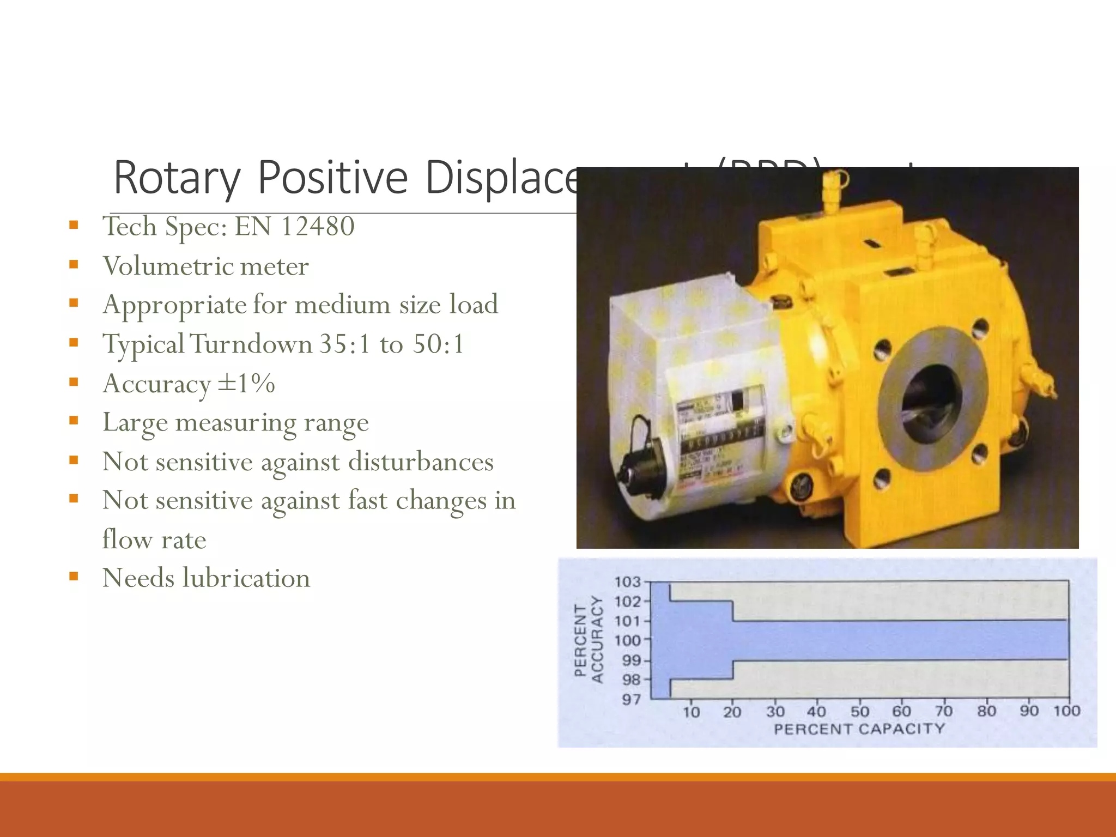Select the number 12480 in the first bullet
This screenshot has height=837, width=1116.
click(x=317, y=226)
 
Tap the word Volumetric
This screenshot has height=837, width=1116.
click(x=167, y=266)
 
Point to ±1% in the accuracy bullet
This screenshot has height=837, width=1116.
click(x=246, y=384)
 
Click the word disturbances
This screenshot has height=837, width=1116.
click(x=421, y=462)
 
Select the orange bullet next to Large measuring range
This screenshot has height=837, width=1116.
click(x=74, y=420)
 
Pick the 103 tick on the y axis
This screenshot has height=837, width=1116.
click(x=628, y=582)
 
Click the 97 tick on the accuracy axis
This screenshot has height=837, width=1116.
click(x=632, y=699)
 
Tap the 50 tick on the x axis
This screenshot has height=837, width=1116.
click(x=859, y=712)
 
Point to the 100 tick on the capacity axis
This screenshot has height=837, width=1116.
click(x=1066, y=711)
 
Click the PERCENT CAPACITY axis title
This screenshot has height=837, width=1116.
click(x=859, y=729)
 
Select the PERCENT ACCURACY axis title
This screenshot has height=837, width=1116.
click(x=589, y=640)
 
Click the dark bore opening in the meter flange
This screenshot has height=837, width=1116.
click(x=931, y=403)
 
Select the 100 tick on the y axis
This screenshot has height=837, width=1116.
click(x=628, y=641)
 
